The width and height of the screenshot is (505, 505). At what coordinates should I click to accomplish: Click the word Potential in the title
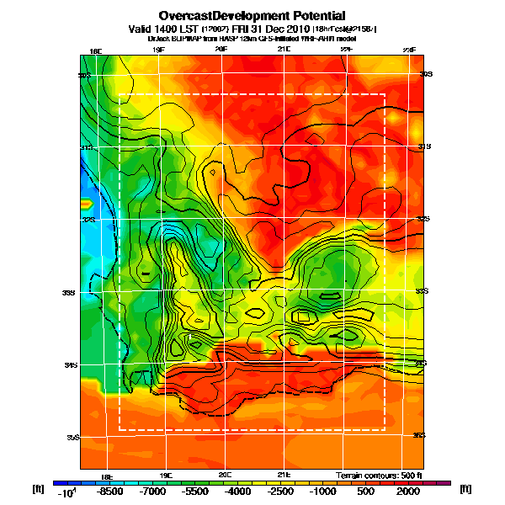click(x=303, y=15)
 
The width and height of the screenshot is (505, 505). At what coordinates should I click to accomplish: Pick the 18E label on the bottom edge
click(x=107, y=475)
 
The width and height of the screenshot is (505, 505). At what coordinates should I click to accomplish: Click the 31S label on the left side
click(x=85, y=147)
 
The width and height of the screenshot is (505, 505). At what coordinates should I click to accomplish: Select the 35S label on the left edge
click(x=74, y=438)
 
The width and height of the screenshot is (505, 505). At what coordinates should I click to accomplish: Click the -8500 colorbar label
click(x=109, y=491)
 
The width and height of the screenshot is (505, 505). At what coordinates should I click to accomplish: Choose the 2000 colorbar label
click(x=407, y=491)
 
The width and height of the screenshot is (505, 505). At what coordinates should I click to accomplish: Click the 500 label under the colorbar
click(x=364, y=491)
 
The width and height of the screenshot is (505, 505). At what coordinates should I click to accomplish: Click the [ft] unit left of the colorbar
click(x=38, y=488)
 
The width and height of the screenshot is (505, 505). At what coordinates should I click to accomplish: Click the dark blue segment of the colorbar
click(x=61, y=482)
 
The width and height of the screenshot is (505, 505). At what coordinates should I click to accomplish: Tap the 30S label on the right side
click(x=427, y=74)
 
